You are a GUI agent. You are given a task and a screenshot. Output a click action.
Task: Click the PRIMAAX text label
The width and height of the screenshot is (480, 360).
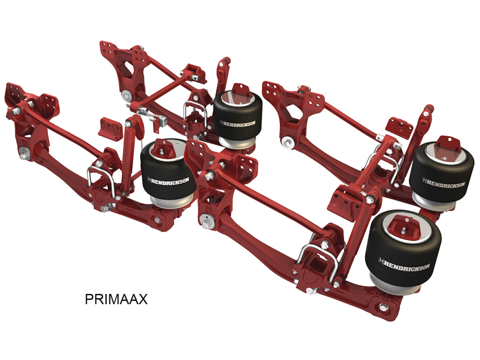(x=116, y=299)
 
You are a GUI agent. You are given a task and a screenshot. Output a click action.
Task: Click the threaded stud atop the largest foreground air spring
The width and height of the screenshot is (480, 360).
(x=404, y=230)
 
